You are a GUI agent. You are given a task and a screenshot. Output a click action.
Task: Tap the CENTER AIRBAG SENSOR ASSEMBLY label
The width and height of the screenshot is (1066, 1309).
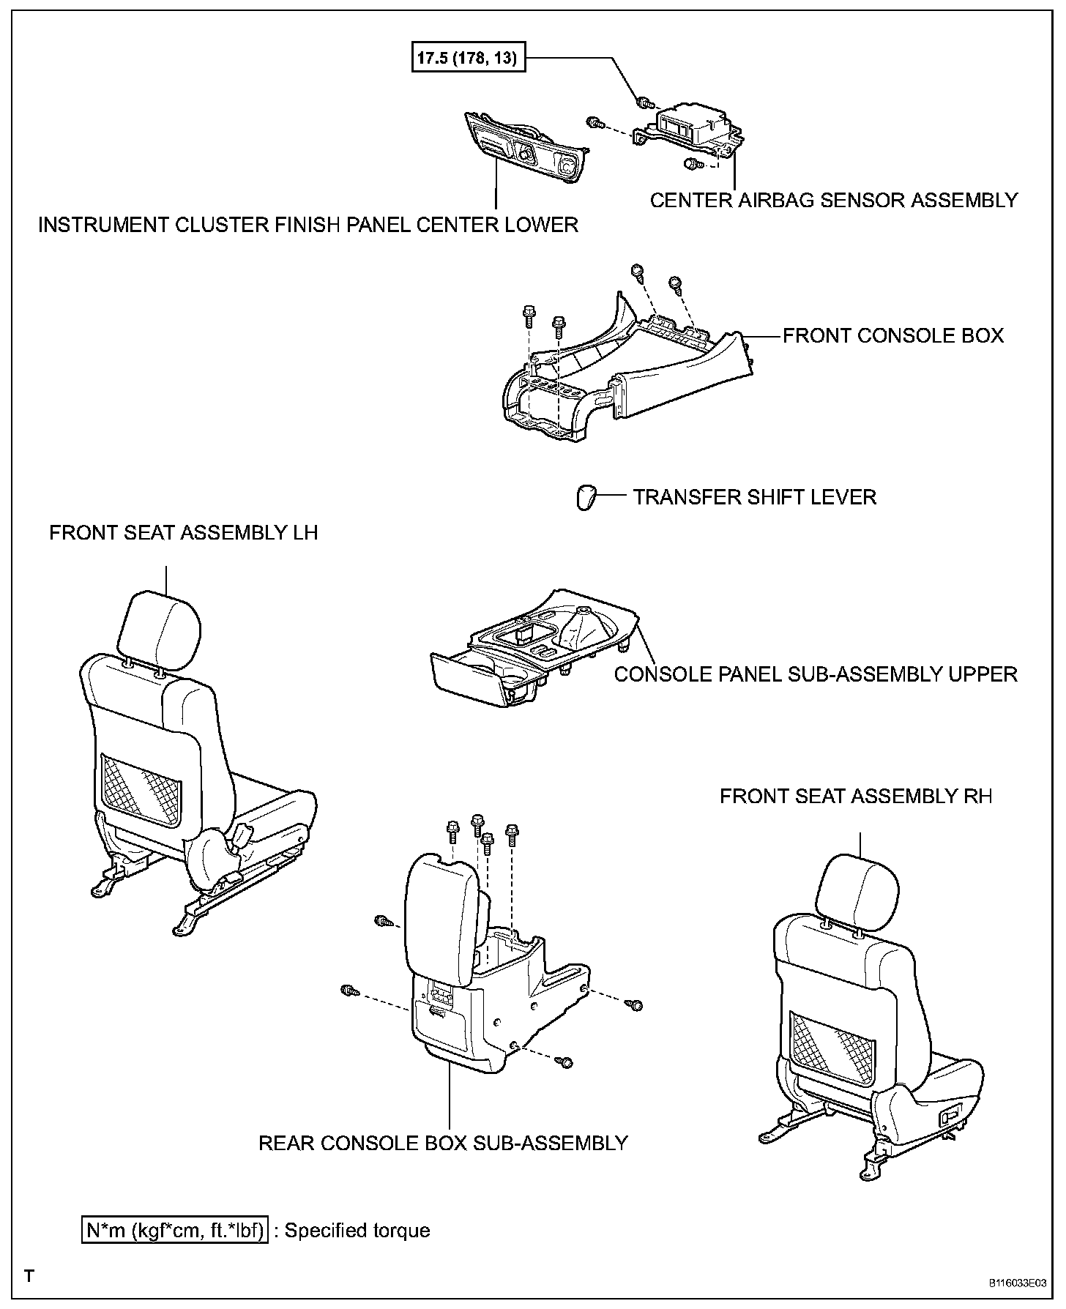click(x=833, y=200)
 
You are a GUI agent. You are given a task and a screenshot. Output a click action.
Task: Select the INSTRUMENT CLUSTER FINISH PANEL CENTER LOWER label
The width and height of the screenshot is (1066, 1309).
click(x=307, y=225)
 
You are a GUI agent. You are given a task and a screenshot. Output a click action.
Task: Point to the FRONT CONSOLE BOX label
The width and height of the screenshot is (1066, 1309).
click(x=893, y=336)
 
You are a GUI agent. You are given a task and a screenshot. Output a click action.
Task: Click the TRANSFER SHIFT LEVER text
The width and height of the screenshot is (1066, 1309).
click(x=754, y=497)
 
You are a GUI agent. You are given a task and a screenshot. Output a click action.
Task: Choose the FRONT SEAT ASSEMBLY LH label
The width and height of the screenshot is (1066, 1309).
click(x=183, y=532)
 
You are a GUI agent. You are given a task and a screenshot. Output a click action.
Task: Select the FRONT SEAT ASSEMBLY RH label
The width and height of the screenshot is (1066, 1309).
click(x=855, y=797)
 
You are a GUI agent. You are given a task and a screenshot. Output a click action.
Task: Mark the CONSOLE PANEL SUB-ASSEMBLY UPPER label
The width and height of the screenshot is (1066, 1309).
click(x=815, y=674)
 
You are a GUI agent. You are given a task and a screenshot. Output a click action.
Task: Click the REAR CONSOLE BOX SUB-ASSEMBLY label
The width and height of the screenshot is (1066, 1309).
click(x=443, y=1143)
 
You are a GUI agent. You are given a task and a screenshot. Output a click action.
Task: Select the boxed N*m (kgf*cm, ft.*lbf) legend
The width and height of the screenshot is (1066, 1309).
click(x=174, y=1230)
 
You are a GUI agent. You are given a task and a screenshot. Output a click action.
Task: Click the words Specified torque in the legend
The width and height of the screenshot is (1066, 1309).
click(x=357, y=1230)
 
